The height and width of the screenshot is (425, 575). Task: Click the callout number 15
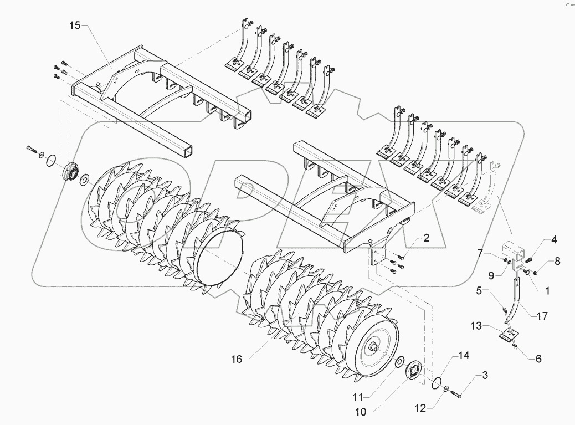[x=75, y=26]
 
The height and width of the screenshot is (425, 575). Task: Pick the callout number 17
[x=542, y=316]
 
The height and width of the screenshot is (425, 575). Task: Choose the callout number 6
[x=538, y=359]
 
